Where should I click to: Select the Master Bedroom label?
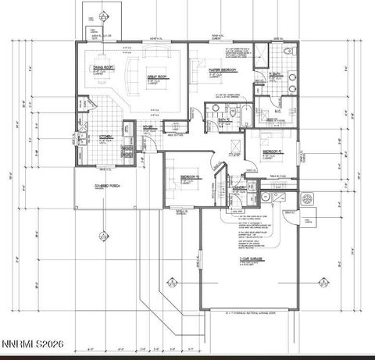[x=223, y=70]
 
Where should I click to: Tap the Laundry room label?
[x=239, y=188]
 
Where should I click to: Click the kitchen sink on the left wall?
[x=81, y=141]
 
